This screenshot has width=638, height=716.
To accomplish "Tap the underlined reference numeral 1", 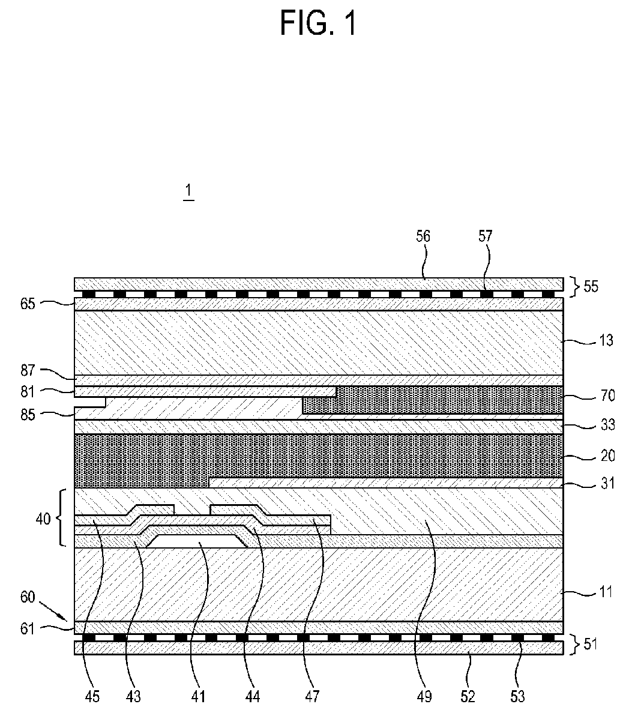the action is coord(188,190).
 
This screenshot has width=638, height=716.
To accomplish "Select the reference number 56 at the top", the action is coord(423,236).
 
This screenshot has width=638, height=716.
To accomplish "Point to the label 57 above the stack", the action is coord(486,236).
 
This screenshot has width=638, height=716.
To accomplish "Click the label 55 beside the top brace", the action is coord(591,286).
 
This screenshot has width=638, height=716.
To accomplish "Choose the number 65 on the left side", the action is coord(28,303).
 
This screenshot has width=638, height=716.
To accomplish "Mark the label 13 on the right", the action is coord(606,340).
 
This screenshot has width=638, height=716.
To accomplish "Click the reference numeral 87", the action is coord(28,370).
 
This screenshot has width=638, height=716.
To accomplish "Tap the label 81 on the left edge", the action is coord(28,392).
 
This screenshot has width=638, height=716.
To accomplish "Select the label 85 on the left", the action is coord(28,415).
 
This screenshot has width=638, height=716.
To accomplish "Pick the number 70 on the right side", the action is coord(607,396).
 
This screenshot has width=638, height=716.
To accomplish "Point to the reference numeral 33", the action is coord(607,425).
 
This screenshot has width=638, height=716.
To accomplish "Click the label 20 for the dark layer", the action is coord(607,456).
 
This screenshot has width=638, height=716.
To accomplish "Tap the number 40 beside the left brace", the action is coord(43,519).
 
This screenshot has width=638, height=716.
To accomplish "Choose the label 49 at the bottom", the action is coord(424,697).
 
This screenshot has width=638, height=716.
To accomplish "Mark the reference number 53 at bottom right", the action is coord(517,697).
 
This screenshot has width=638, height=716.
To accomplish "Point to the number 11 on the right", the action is coord(606,592).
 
